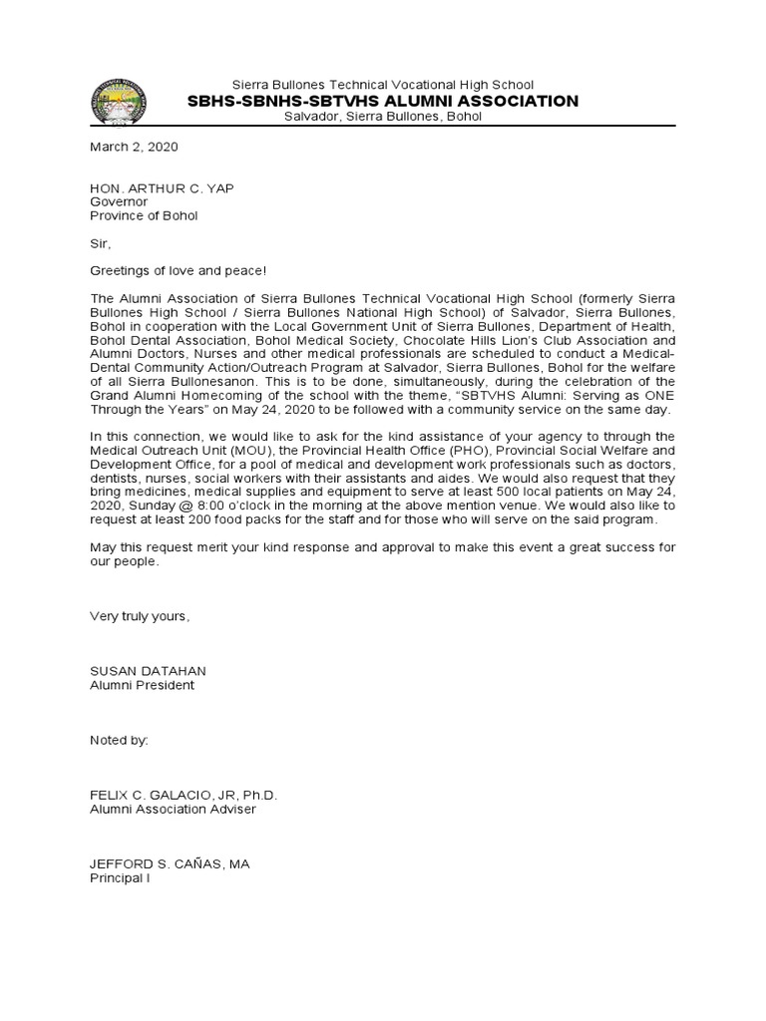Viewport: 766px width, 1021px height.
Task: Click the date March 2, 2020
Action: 134,147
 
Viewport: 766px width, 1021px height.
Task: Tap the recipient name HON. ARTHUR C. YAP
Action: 163,188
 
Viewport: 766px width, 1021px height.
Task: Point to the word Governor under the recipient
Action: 119,201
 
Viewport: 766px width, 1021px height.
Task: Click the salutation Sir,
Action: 102,242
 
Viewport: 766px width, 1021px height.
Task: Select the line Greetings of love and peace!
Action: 179,270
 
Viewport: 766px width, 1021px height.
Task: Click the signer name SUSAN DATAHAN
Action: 148,671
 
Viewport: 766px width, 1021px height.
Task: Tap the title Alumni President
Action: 143,685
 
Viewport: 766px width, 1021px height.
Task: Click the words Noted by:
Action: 119,740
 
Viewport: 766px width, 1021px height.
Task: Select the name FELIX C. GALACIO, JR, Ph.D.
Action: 184,795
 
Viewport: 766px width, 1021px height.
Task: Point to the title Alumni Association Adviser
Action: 173,809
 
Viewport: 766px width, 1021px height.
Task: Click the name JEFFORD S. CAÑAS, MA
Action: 170,863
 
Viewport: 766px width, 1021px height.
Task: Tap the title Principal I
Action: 120,877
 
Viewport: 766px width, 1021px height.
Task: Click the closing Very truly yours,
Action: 140,616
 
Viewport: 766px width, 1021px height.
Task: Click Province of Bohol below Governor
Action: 144,215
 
